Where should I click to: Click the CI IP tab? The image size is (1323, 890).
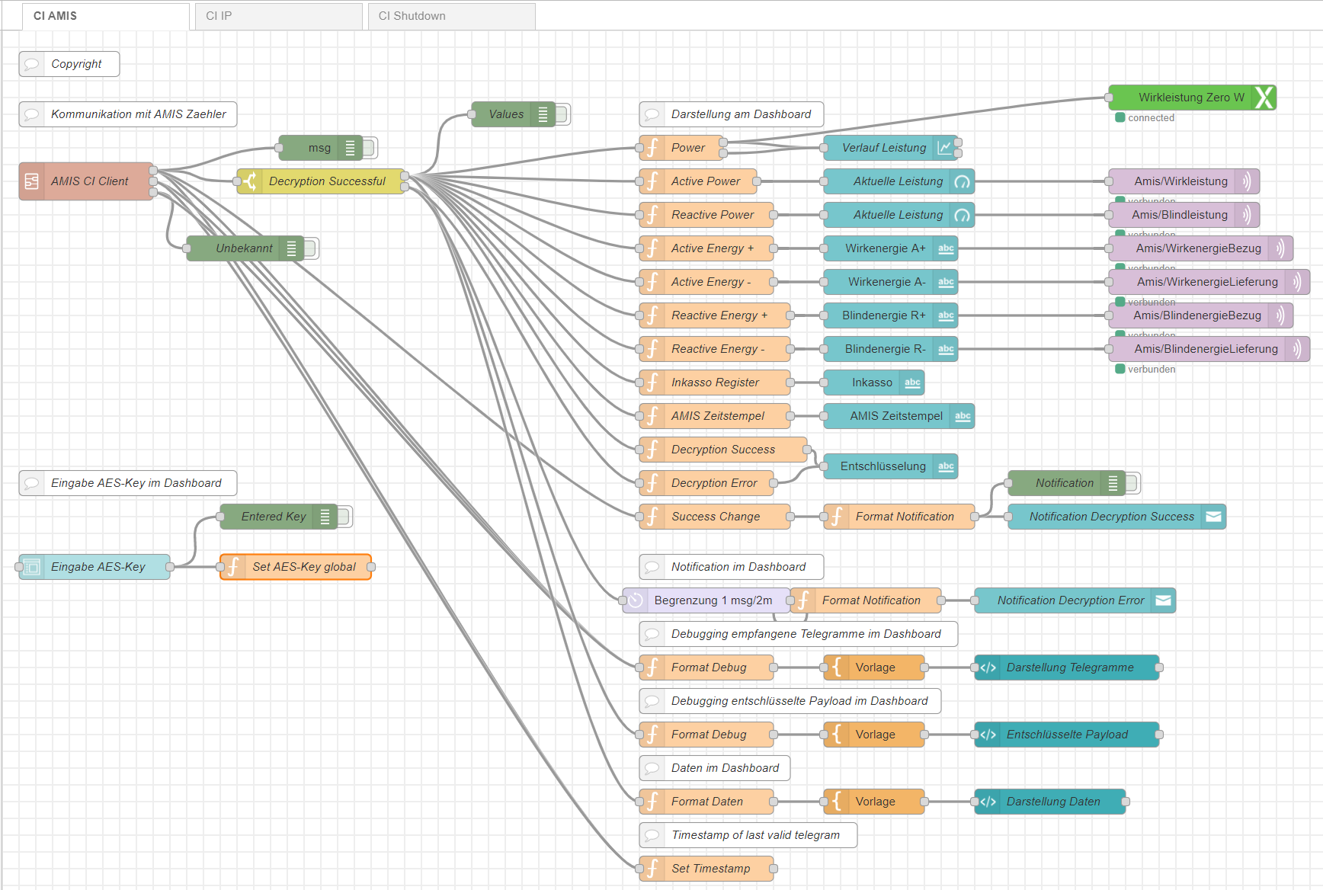[277, 16]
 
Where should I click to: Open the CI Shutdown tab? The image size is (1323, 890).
[450, 16]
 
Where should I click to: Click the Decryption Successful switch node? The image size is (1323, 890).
[327, 181]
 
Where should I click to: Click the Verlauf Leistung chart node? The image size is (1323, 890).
[884, 148]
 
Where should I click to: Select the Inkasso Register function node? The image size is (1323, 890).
[715, 383]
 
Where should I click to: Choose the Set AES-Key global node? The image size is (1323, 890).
[303, 567]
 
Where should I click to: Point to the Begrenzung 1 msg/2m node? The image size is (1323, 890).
[712, 600]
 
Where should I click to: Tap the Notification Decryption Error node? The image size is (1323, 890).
[1070, 600]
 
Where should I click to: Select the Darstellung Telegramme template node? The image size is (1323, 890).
[1069, 667]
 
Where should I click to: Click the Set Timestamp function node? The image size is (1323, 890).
[710, 869]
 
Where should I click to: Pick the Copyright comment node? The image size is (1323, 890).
[75, 64]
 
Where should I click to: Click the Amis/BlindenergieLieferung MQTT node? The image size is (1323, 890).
[1206, 349]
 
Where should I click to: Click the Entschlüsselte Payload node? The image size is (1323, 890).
[1067, 735]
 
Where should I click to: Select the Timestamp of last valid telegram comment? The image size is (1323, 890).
[754, 835]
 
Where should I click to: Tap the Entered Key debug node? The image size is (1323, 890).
[273, 517]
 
